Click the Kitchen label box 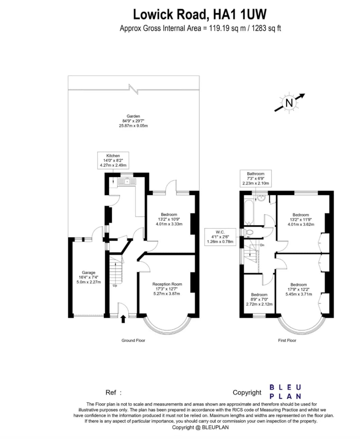coord(113,160)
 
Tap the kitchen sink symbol coord(127,182)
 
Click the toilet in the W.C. coord(249,232)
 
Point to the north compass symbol coord(290,103)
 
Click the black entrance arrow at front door coord(123,319)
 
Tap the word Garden coord(133,116)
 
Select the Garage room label coord(88,277)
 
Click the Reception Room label coord(167,289)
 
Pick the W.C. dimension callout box coord(220,237)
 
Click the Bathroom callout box coord(256,178)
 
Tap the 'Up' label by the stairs coord(115,286)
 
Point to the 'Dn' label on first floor coord(262,245)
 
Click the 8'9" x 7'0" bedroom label coord(259,299)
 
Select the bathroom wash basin coord(261,198)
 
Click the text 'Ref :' coord(113,393)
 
